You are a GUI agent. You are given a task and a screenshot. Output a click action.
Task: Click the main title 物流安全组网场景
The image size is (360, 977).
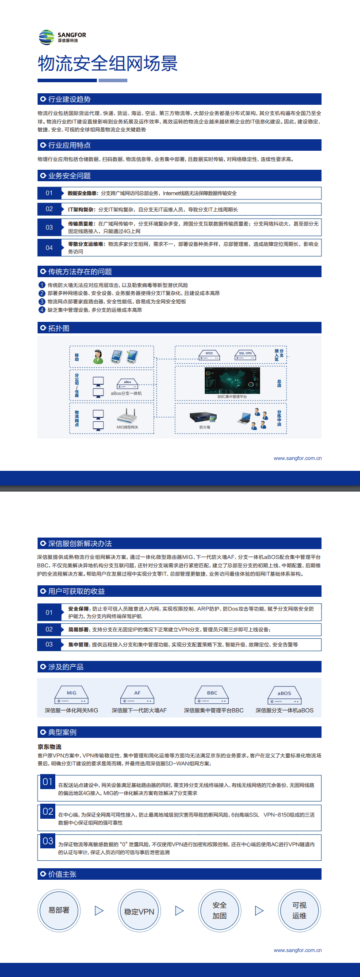(x=107, y=64)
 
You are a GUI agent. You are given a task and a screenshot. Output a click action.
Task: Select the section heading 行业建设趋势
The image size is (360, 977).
(x=69, y=99)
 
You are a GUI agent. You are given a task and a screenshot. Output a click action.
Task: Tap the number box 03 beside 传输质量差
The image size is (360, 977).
(x=49, y=227)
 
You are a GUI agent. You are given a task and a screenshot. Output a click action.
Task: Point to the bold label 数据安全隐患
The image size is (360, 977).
(x=83, y=193)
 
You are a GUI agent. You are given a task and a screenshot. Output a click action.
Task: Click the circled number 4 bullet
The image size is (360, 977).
(x=42, y=310)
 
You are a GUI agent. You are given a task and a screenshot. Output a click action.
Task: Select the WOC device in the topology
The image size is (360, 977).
(x=209, y=355)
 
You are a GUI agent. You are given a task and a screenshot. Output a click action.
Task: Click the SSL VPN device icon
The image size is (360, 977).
(x=245, y=355)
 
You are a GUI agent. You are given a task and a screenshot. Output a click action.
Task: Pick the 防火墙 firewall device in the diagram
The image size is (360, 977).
(x=203, y=418)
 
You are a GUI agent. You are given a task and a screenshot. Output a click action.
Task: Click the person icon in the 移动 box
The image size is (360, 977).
(x=98, y=357)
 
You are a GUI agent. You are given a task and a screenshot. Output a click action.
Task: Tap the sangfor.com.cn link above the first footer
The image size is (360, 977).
(x=297, y=458)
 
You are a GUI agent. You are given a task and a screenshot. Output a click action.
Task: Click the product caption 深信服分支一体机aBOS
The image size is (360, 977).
(x=284, y=710)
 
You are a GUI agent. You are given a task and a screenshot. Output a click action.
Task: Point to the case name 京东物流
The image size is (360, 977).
(x=50, y=747)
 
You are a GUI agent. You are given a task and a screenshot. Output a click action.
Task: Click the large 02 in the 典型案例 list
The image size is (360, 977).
(x=48, y=812)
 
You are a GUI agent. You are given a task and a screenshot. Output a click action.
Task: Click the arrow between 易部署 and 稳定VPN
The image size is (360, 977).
(x=99, y=911)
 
